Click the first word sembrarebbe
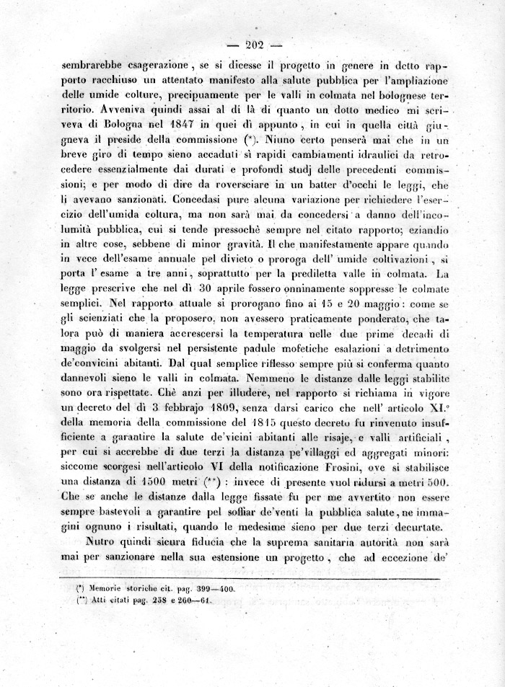[x=98, y=62]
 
